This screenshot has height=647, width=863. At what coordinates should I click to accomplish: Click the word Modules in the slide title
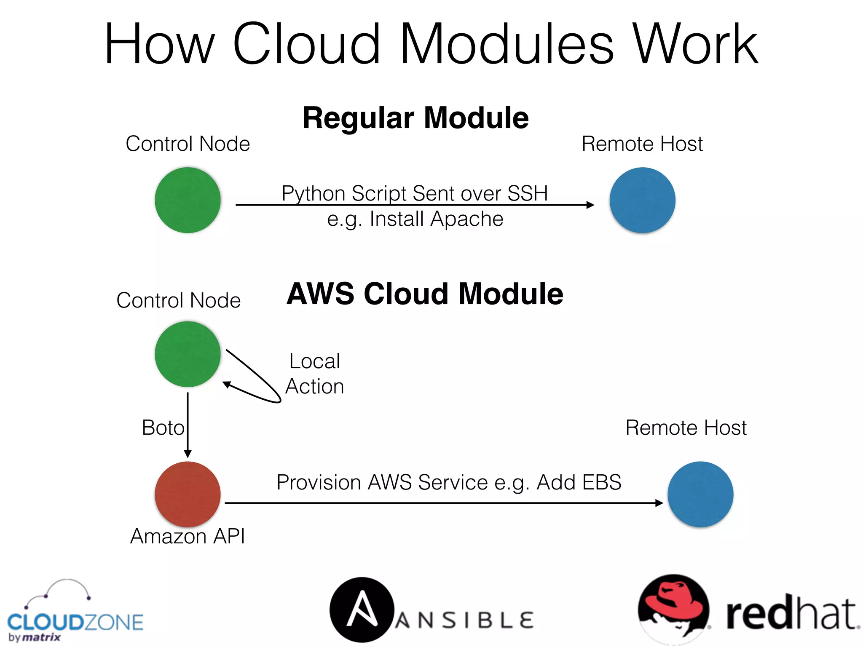[507, 44]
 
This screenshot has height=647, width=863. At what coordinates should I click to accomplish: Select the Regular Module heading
[415, 118]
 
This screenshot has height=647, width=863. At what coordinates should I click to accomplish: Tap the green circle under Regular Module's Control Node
[188, 200]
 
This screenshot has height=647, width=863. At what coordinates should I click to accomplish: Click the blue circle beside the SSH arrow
[642, 200]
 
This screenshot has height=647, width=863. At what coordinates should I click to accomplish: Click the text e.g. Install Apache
[415, 219]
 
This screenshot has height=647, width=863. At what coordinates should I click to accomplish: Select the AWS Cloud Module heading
[425, 294]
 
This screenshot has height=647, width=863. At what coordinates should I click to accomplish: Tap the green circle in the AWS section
[188, 354]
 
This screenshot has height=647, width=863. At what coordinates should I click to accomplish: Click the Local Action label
[315, 374]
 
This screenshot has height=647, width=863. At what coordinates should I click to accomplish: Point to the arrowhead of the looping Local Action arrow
[227, 384]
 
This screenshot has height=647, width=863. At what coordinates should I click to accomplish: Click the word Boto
[163, 428]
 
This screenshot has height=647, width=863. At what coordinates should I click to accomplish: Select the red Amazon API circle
[188, 494]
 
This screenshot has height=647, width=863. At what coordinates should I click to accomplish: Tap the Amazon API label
[188, 536]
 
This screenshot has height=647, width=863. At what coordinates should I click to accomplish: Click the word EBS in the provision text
[600, 482]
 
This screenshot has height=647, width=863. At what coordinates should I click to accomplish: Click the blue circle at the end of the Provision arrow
[700, 494]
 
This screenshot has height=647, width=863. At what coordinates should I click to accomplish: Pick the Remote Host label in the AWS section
[686, 428]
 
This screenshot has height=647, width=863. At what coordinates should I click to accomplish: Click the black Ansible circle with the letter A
[362, 610]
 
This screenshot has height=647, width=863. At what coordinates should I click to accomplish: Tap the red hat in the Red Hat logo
[674, 598]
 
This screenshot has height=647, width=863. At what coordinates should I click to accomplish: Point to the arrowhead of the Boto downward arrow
[188, 454]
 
